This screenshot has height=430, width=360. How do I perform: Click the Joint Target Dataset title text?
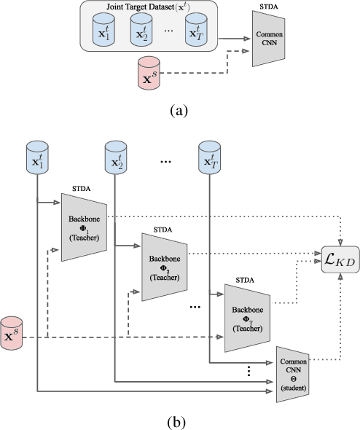150,9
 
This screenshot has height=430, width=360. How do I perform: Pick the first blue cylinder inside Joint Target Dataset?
101,33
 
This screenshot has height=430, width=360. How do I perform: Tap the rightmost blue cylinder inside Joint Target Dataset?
197,33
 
